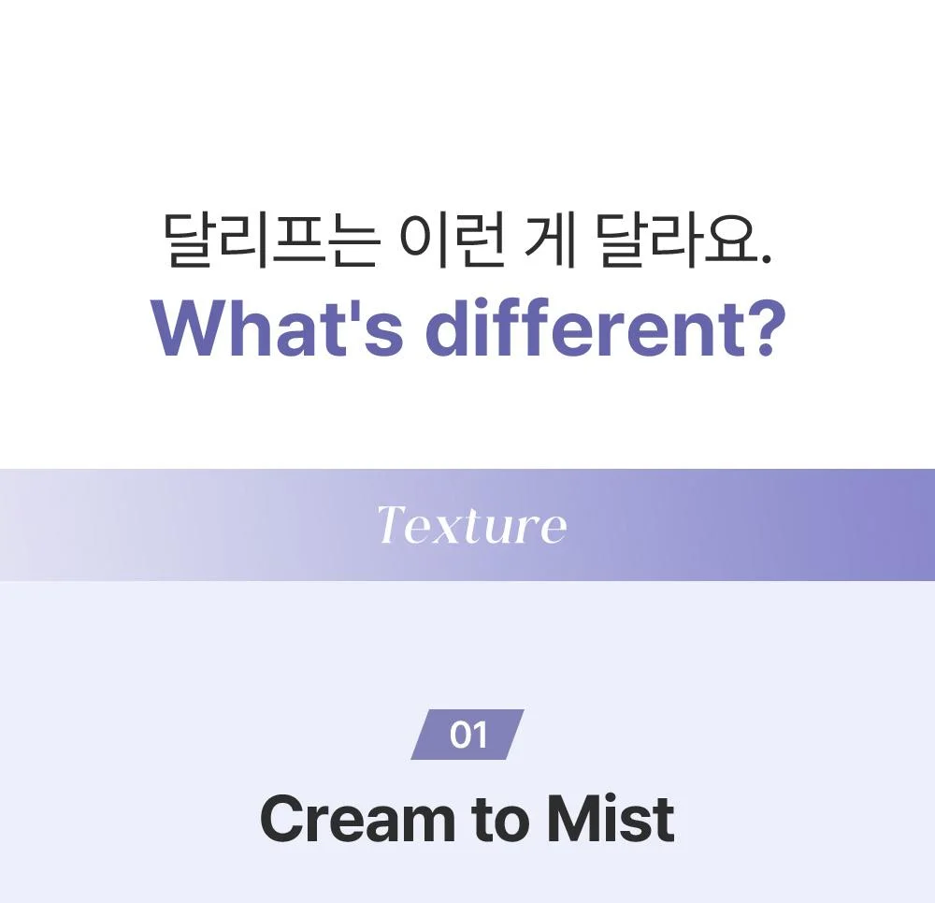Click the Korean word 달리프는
point(271,240)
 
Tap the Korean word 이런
point(453,240)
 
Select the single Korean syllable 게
point(550,240)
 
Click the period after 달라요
point(767,259)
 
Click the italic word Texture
point(471,525)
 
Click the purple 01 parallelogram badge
point(467,735)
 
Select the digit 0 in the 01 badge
point(461,735)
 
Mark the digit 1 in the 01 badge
point(481,735)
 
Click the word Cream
point(357,818)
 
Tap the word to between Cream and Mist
point(499,820)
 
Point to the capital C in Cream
point(284,818)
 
